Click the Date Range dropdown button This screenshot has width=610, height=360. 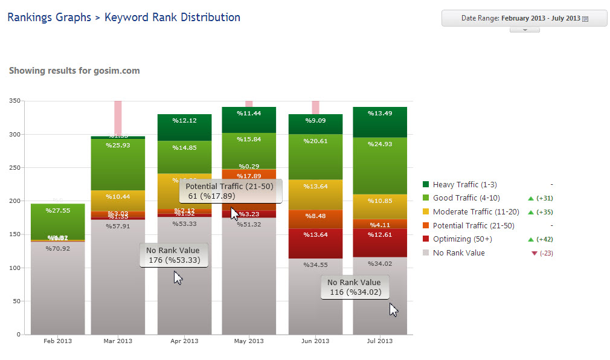524,18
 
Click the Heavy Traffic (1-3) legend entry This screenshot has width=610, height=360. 464,185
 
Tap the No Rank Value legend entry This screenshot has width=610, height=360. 458,253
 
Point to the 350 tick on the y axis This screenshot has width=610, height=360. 15,101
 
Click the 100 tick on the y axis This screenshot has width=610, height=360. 15,268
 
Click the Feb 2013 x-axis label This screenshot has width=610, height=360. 58,341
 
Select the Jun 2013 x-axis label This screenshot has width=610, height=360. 315,341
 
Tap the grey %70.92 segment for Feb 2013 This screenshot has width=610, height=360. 58,287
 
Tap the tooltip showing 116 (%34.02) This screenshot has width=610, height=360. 355,288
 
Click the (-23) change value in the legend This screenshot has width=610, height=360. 546,254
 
